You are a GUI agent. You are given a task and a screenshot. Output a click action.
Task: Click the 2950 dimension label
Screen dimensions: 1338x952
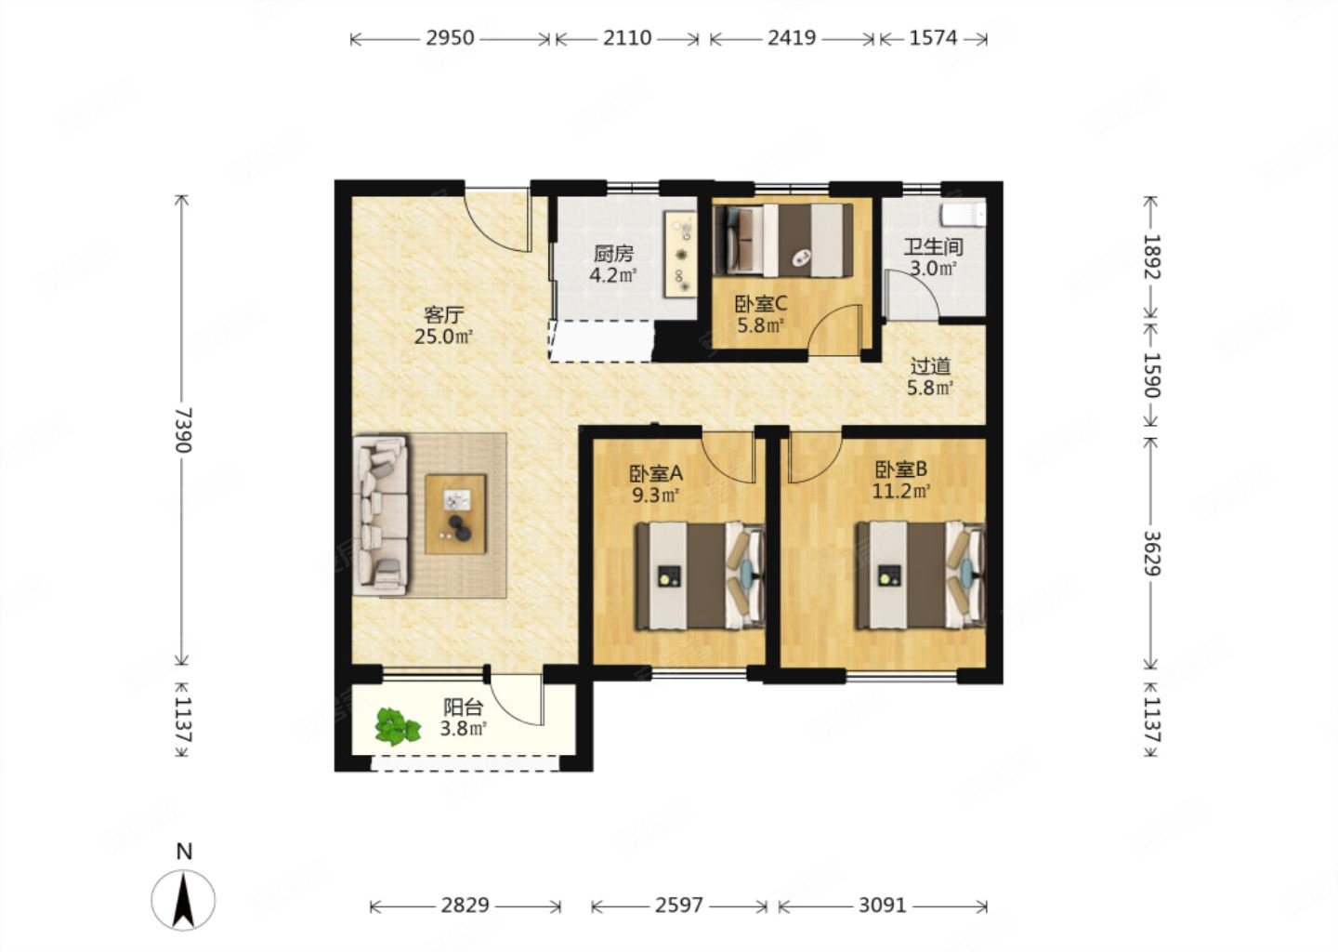450,38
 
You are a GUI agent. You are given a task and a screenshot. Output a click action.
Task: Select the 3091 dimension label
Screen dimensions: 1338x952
883,906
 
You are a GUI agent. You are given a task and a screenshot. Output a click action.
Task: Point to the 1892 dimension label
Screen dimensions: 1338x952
1151,257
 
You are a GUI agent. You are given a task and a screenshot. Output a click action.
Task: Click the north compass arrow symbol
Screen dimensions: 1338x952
183,900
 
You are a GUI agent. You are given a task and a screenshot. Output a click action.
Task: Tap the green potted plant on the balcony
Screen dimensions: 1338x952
397,726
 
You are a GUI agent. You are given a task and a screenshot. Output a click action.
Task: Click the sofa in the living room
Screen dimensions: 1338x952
381,516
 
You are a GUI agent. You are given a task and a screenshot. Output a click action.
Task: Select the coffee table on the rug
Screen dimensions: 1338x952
455,514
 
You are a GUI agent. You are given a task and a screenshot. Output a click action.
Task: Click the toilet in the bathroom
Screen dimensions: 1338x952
963,215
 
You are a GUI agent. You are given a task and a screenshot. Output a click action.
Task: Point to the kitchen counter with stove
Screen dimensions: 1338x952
681,254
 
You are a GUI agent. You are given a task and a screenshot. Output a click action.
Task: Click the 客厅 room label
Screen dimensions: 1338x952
444,313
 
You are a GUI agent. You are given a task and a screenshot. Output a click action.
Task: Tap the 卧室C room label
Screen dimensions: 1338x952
760,304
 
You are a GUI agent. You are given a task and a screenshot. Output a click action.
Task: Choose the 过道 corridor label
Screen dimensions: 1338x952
930,365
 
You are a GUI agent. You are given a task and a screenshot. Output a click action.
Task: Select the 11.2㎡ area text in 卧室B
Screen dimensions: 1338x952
901,492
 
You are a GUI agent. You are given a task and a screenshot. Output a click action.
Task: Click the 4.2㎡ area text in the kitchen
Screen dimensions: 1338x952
613,275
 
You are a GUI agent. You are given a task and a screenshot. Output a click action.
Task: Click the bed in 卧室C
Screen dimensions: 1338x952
783,240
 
